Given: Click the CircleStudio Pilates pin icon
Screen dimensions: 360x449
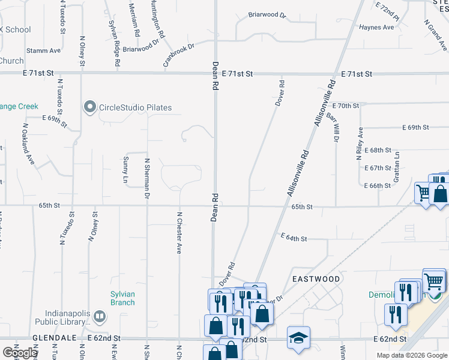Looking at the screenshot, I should point(91,107).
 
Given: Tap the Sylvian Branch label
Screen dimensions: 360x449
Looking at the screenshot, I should point(122,298).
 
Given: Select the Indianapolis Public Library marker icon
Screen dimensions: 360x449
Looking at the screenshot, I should point(100,316).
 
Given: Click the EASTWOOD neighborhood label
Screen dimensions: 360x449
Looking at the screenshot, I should point(316,279).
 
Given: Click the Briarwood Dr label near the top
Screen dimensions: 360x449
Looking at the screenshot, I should point(267,14).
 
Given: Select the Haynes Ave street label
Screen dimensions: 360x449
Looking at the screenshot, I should point(376,27).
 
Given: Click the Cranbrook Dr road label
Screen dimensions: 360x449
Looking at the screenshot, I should point(179,55).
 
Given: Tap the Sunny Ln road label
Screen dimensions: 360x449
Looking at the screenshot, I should point(126,170).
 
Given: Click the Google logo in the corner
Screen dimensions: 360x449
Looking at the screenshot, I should point(19,353).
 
